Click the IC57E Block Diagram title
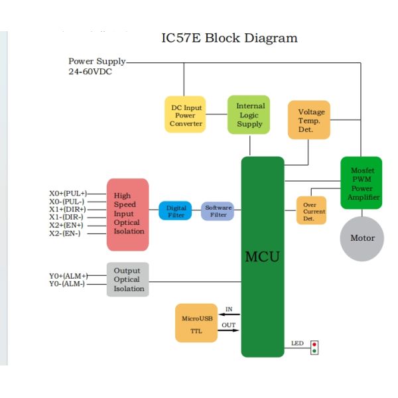[230, 38]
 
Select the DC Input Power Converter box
[185, 115]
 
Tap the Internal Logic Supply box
[249, 115]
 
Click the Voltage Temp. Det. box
[308, 120]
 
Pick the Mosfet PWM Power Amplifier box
[362, 183]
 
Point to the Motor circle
[362, 238]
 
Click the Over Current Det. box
[311, 210]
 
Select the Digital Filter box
[176, 211]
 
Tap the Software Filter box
[218, 211]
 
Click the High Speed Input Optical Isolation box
[127, 214]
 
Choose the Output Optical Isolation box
[127, 279]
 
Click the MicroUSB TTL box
[196, 323]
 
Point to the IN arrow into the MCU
[229, 314]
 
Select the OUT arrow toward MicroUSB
[229, 330]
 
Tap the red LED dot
[314, 344]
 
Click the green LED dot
[314, 351]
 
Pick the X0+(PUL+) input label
[68, 194]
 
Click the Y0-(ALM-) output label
[67, 283]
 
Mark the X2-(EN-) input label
[65, 233]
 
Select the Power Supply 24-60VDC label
[96, 66]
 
